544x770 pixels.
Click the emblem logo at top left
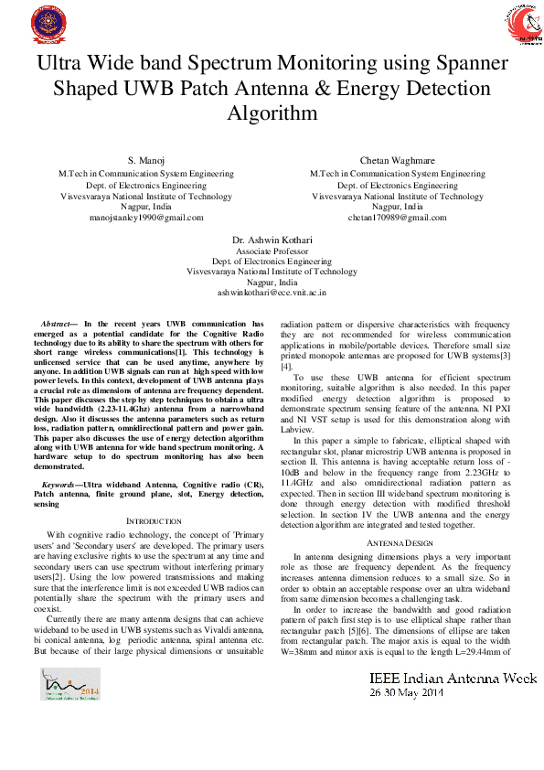pos(42,25)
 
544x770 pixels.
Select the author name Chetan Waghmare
pos(398,161)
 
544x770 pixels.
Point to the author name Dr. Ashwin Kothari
pos(272,240)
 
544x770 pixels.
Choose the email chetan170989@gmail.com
pos(398,218)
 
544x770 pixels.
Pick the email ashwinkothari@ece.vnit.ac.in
pos(272,293)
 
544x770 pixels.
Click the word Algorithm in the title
pos(272,113)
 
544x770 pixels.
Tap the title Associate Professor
pos(272,251)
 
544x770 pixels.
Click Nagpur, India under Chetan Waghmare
pos(398,207)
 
